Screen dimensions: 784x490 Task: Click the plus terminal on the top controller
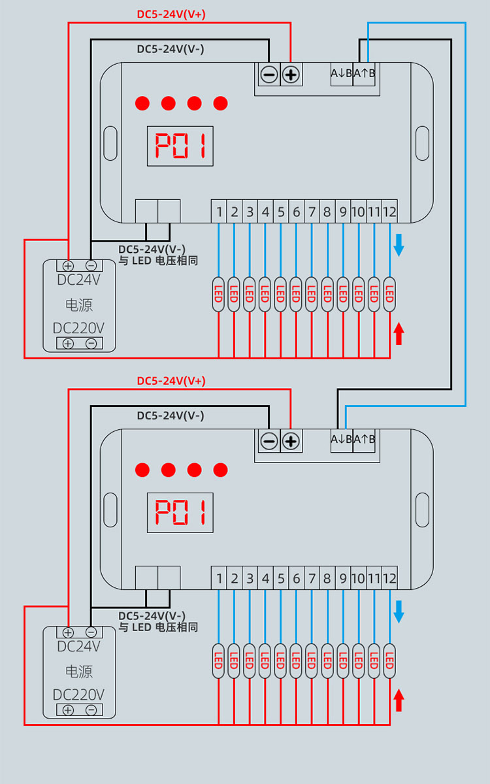291,75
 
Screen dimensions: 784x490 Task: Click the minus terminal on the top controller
269,75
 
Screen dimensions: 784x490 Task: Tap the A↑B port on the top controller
365,73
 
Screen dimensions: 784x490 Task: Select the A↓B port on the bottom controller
342,439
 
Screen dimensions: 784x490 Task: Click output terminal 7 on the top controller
312,212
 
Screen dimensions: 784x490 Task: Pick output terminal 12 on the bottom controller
389,578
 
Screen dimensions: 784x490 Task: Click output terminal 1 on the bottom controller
219,578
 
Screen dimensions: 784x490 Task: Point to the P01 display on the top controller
180,146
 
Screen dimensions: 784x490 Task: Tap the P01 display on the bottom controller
180,512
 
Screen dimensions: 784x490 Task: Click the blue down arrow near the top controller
399,246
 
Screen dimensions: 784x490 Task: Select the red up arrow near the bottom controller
399,700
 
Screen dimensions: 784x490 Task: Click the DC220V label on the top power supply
78,328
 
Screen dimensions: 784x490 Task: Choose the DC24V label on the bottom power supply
78,647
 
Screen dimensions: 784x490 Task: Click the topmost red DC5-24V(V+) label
171,14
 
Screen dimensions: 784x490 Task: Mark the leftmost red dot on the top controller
142,103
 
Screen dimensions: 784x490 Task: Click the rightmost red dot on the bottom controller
221,470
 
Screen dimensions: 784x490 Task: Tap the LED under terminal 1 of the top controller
219,295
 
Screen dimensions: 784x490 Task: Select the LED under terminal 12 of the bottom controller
389,661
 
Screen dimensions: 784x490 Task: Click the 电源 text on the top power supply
78,304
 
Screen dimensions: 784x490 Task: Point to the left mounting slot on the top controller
110,143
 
